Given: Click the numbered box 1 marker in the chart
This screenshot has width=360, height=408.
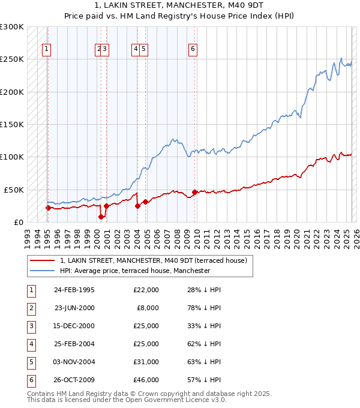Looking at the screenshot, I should click(x=46, y=49).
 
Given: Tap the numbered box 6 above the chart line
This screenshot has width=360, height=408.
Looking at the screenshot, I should click(x=193, y=49).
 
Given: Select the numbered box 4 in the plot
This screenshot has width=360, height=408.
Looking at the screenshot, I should click(x=136, y=49).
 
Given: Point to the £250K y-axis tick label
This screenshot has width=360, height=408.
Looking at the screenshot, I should click(x=11, y=59).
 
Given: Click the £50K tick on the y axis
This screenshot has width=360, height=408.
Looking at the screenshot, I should click(x=14, y=190).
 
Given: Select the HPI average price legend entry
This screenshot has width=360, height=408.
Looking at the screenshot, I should click(x=135, y=271).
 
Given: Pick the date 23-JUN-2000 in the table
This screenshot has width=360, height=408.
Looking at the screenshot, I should click(x=74, y=308).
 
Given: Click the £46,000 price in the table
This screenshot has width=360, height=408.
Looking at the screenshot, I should click(x=146, y=380).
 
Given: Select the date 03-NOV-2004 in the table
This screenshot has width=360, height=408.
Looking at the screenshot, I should click(x=74, y=362).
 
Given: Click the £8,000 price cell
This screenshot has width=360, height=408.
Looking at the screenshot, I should click(x=148, y=308).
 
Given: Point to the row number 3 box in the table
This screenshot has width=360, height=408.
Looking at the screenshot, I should click(x=30, y=326).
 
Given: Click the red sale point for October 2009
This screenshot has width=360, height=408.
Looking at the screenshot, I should click(x=194, y=192).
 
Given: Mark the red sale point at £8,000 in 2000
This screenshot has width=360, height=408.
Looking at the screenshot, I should click(x=101, y=217).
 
